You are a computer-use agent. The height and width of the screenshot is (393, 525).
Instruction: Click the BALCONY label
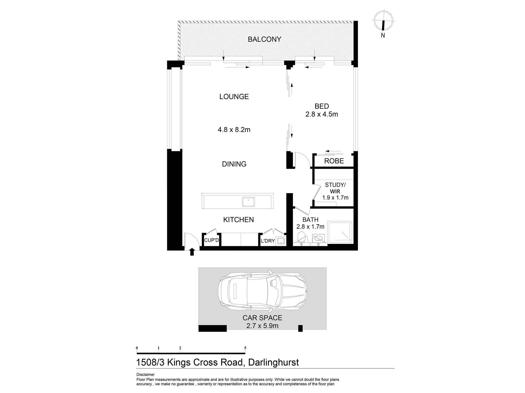264,39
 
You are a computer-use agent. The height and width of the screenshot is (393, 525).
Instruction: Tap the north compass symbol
383,21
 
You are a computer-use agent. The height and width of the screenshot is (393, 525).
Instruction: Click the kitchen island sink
248,202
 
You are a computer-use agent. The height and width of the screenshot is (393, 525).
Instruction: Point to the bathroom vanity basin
318,239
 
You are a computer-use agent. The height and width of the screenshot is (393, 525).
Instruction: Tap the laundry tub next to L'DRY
281,241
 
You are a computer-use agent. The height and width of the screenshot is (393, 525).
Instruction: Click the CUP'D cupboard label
211,240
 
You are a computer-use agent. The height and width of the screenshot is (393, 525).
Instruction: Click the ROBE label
334,161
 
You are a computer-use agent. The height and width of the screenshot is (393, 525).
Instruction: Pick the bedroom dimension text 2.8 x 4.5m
322,114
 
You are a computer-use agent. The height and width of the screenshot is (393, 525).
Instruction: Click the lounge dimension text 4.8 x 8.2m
234,130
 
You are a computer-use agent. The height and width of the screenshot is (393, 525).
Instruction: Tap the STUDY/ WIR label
335,188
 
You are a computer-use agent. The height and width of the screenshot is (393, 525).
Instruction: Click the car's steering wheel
274,283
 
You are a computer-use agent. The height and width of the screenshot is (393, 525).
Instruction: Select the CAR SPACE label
262,318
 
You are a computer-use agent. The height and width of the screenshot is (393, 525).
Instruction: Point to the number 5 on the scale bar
245,348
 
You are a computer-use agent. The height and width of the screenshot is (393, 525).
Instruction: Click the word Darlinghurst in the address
273,363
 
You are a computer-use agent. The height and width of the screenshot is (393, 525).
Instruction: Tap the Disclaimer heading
145,375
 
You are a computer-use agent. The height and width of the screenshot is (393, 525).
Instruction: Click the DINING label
234,164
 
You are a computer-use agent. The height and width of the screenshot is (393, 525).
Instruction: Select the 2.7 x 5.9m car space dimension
262,326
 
